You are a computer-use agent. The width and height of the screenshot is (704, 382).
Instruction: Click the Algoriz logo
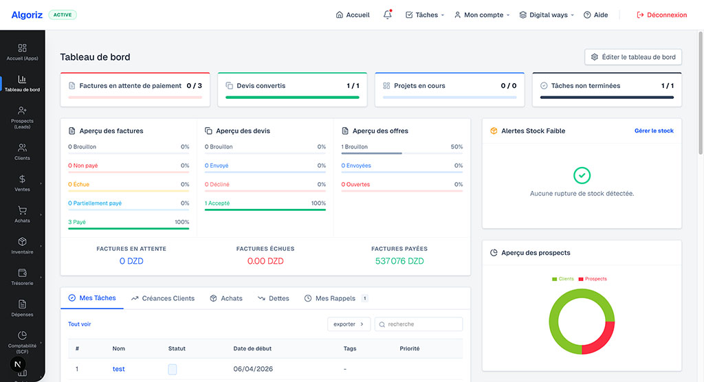pyautogui.click(x=27, y=15)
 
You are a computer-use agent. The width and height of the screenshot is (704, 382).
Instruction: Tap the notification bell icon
pyautogui.click(x=388, y=15)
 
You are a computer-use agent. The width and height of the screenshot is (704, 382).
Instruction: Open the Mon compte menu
pyautogui.click(x=482, y=15)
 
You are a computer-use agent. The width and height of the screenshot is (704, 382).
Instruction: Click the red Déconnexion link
pyautogui.click(x=662, y=15)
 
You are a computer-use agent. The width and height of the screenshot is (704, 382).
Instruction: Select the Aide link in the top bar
pyautogui.click(x=596, y=15)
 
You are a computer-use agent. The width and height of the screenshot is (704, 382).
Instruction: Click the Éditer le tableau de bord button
pyautogui.click(x=633, y=57)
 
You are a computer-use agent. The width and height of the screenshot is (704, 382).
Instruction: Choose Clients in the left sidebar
pyautogui.click(x=22, y=152)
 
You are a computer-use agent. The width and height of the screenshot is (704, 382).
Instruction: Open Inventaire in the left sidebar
pyautogui.click(x=22, y=245)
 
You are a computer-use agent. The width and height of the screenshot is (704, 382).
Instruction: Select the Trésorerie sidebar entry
pyautogui.click(x=22, y=277)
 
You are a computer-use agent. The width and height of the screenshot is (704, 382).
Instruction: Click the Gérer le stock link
pyautogui.click(x=654, y=131)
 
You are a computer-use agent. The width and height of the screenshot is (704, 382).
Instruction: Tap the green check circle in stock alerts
pyautogui.click(x=582, y=175)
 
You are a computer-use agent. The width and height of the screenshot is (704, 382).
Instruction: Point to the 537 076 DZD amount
pyautogui.click(x=399, y=261)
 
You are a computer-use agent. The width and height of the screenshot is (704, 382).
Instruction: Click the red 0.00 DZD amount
pyautogui.click(x=265, y=261)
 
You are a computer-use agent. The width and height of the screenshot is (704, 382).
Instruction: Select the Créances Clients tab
pyautogui.click(x=163, y=298)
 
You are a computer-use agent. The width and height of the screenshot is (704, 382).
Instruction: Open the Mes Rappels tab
pyautogui.click(x=335, y=298)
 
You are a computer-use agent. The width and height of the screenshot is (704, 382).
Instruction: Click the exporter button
pyautogui.click(x=349, y=324)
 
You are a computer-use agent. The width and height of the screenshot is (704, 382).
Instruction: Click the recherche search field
pyautogui.click(x=419, y=324)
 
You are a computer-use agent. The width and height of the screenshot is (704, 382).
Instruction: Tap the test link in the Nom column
pyautogui.click(x=118, y=369)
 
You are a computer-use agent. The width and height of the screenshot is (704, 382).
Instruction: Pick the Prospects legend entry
pyautogui.click(x=593, y=279)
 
